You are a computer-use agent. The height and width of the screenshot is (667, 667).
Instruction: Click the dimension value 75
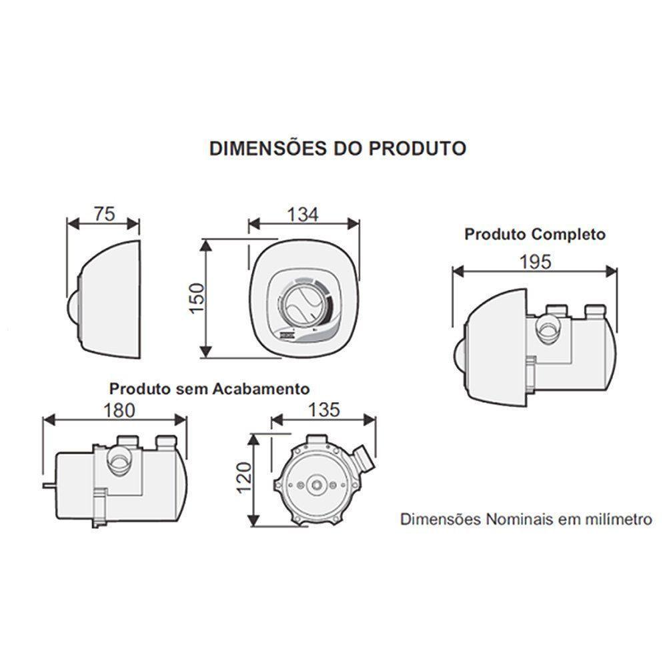[x=103, y=213]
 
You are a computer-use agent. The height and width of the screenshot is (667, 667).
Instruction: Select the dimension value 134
[x=303, y=214]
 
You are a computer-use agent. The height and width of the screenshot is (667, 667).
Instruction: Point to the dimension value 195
[x=535, y=262]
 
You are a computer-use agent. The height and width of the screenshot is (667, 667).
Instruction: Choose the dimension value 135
[x=323, y=410]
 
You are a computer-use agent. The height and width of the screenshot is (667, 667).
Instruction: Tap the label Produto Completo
[x=535, y=234]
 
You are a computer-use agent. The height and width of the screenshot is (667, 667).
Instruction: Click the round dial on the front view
[x=301, y=307]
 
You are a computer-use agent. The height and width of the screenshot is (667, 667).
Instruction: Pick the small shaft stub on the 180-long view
[x=47, y=485]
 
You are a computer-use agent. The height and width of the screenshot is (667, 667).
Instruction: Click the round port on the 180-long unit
[x=120, y=460]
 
